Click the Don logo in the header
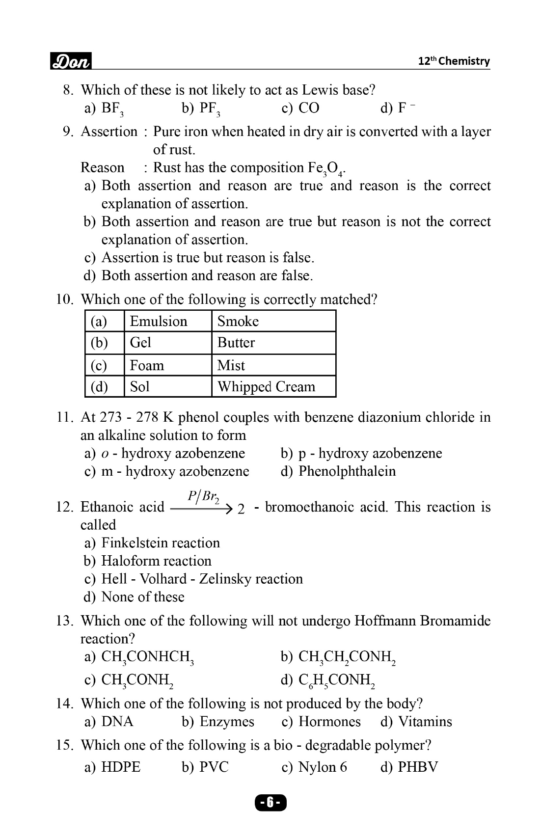coord(71,61)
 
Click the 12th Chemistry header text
coord(454,61)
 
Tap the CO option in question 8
coord(308,108)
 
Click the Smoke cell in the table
coord(238,321)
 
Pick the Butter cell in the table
coord(236,343)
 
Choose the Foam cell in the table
coord(147,365)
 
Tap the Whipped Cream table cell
coord(266,387)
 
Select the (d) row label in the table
coord(99,387)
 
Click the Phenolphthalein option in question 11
coord(347,471)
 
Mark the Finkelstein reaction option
coord(160,543)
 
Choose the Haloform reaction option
coord(156,561)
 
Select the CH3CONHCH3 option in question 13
coord(147,657)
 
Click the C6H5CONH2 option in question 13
coord(336,680)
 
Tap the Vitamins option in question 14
coord(425,722)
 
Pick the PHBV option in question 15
coord(417,767)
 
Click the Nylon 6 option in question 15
coord(322,767)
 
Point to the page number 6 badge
coord(270,803)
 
